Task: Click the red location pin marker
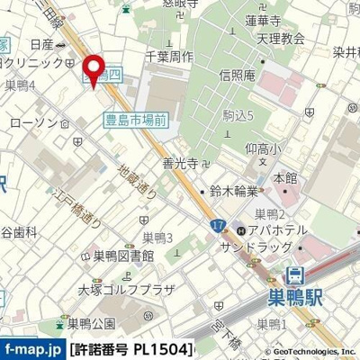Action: pos(92,65)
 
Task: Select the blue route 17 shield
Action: pos(218,226)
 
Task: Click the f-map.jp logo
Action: pos(32,350)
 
